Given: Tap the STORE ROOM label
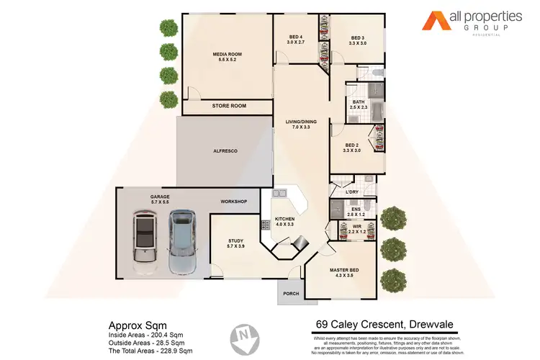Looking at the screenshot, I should click(229, 107).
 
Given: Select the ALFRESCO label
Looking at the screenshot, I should click(225, 150).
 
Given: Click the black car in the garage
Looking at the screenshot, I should click(146, 243).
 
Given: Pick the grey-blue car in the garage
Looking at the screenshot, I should click(182, 242).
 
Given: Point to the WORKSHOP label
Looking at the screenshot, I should click(234, 202).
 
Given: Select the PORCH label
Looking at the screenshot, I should click(292, 293).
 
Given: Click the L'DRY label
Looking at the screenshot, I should click(333, 192).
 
